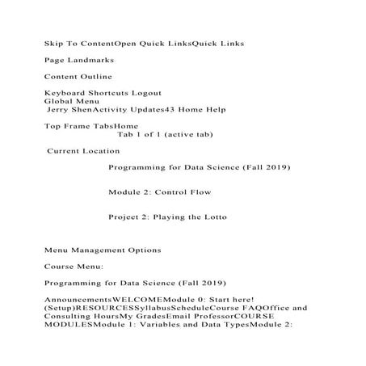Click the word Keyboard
click(62, 94)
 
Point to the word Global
click(58, 102)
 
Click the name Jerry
click(60, 110)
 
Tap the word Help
click(214, 110)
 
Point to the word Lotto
click(212, 217)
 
